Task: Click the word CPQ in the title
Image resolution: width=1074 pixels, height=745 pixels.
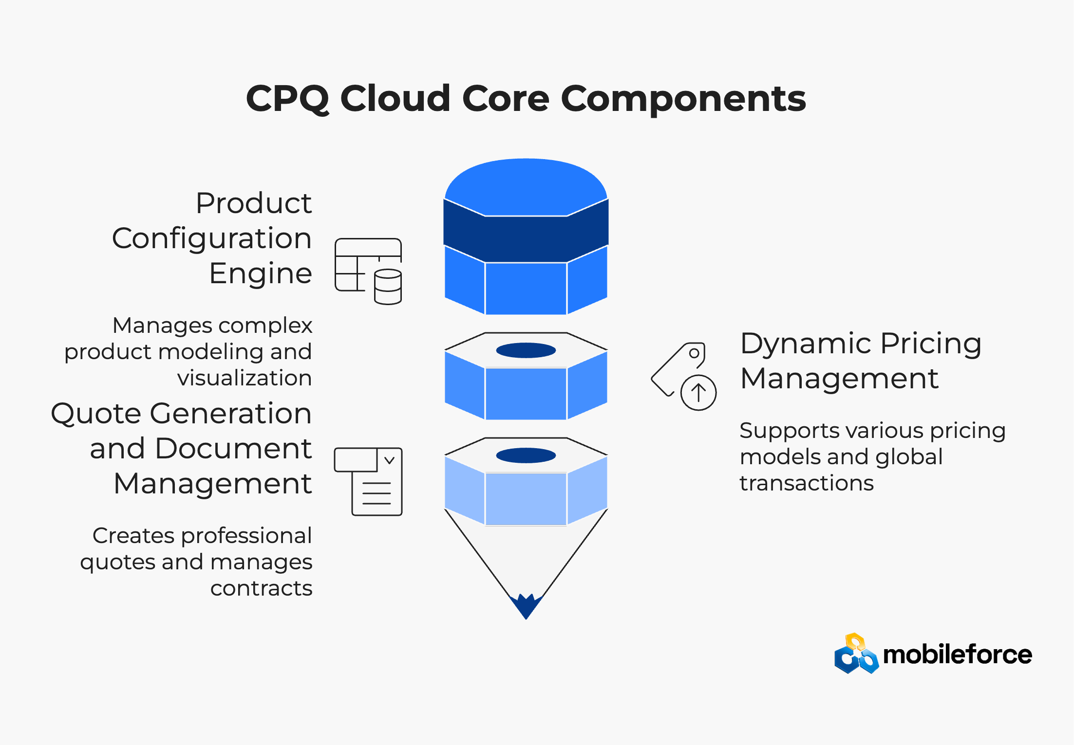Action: click(x=288, y=98)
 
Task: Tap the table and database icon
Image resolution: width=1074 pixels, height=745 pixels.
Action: click(x=368, y=271)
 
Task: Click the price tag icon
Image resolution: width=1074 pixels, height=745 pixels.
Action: click(x=683, y=376)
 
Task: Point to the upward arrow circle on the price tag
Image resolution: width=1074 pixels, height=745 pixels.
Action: click(x=698, y=393)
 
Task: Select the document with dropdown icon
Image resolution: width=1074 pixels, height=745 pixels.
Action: click(x=368, y=481)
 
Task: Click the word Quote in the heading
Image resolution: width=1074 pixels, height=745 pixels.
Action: click(x=96, y=414)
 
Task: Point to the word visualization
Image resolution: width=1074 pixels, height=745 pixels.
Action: click(x=245, y=378)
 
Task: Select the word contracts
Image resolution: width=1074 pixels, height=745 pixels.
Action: click(x=262, y=589)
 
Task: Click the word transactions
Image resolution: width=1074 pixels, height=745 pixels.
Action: click(x=807, y=483)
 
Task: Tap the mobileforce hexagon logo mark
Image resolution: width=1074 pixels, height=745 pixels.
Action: click(x=857, y=654)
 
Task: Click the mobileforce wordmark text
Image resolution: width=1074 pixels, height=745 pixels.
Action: click(x=958, y=654)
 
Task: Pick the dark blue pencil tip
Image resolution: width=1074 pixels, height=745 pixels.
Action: click(x=526, y=606)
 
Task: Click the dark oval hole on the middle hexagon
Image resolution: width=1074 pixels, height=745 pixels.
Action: click(x=526, y=350)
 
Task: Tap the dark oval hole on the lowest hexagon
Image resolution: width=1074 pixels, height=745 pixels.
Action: click(x=526, y=455)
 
